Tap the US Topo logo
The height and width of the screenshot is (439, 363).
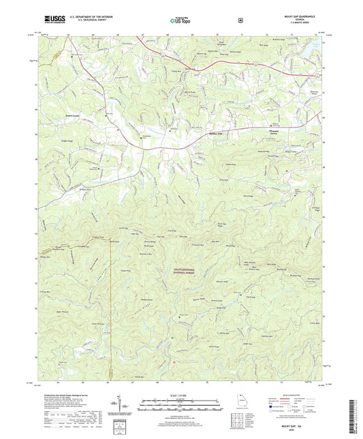tap(180, 20)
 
